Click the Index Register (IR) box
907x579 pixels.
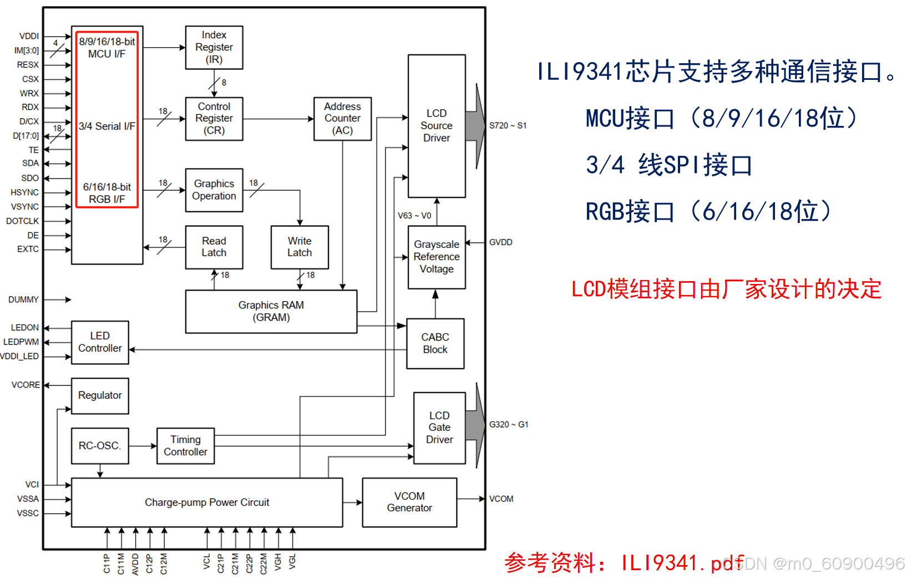(214, 47)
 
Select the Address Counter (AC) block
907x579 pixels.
(342, 119)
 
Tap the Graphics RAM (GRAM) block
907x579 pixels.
(271, 311)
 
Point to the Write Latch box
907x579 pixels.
(300, 247)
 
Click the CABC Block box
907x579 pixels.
(435, 343)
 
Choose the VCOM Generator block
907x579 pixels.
(409, 502)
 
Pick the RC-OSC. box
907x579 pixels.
(100, 445)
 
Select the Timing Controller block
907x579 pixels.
(185, 445)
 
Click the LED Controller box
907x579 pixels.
(100, 342)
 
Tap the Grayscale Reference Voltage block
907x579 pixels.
(437, 257)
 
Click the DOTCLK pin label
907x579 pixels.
(23, 221)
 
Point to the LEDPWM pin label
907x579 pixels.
(22, 342)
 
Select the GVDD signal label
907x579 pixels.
(500, 242)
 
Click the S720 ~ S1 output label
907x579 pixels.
(508, 125)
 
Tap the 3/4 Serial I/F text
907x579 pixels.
(107, 126)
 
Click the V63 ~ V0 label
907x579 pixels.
(414, 216)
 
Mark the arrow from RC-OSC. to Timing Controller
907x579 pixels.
(143, 446)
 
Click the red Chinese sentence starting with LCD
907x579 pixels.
(726, 289)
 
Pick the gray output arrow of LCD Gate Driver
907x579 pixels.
(475, 425)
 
